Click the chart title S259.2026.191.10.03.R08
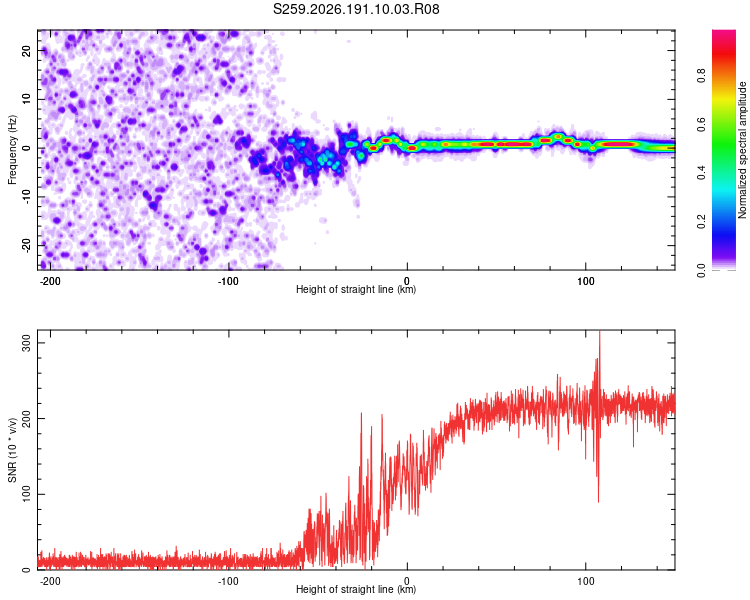coord(356,9)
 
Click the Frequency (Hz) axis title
coord(12,150)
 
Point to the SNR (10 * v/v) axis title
coord(12,450)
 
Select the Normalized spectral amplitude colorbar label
coord(742,150)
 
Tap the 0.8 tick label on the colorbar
coord(701,76)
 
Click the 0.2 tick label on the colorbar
coord(701,222)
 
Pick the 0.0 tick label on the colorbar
coord(701,270)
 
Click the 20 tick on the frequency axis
coord(26,50)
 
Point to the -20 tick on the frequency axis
coord(26,245)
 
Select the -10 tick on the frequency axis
coord(26,197)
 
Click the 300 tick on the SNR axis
coord(26,343)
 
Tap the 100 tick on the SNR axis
coord(26,494)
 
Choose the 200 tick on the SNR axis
coord(26,419)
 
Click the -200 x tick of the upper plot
coord(49,281)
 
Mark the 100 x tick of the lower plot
coord(586,581)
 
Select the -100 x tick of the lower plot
coord(228,581)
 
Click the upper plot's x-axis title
coord(356,289)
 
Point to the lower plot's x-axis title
coord(356,589)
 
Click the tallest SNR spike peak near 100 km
coord(599,332)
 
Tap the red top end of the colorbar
coord(724,32)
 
